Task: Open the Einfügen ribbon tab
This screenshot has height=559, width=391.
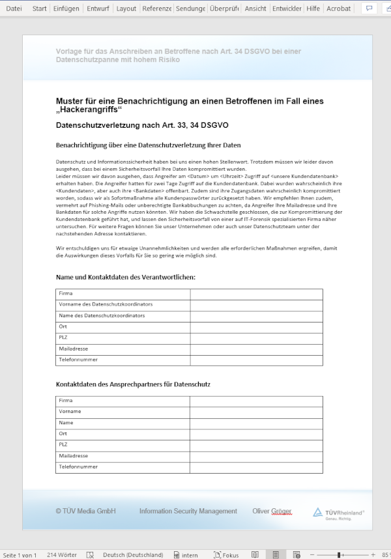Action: pos(66,8)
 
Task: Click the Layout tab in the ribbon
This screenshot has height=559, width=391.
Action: pos(126,8)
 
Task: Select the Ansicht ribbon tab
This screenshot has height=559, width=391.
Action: pos(256,8)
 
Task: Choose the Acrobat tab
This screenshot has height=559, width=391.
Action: pos(338,8)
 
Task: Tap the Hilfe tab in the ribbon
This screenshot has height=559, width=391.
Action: pos(313,8)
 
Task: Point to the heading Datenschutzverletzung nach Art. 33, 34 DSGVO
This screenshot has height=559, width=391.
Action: pos(142,124)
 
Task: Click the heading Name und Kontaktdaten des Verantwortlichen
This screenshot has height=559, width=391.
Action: pos(125,278)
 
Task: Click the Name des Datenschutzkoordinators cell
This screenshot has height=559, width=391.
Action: pos(102,315)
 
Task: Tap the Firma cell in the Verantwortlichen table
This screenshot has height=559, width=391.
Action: pos(66,294)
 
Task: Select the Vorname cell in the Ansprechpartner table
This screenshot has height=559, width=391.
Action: pos(70,411)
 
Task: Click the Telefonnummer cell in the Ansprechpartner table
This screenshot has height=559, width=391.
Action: pos(78,466)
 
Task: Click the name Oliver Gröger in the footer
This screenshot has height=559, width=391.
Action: pos(272,511)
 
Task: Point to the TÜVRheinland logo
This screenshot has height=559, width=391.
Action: pos(338,513)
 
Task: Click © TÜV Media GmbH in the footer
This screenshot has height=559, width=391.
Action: pos(85,511)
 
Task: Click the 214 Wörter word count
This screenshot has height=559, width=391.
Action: pos(62,554)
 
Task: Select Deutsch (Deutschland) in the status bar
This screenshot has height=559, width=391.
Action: pos(133,554)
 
